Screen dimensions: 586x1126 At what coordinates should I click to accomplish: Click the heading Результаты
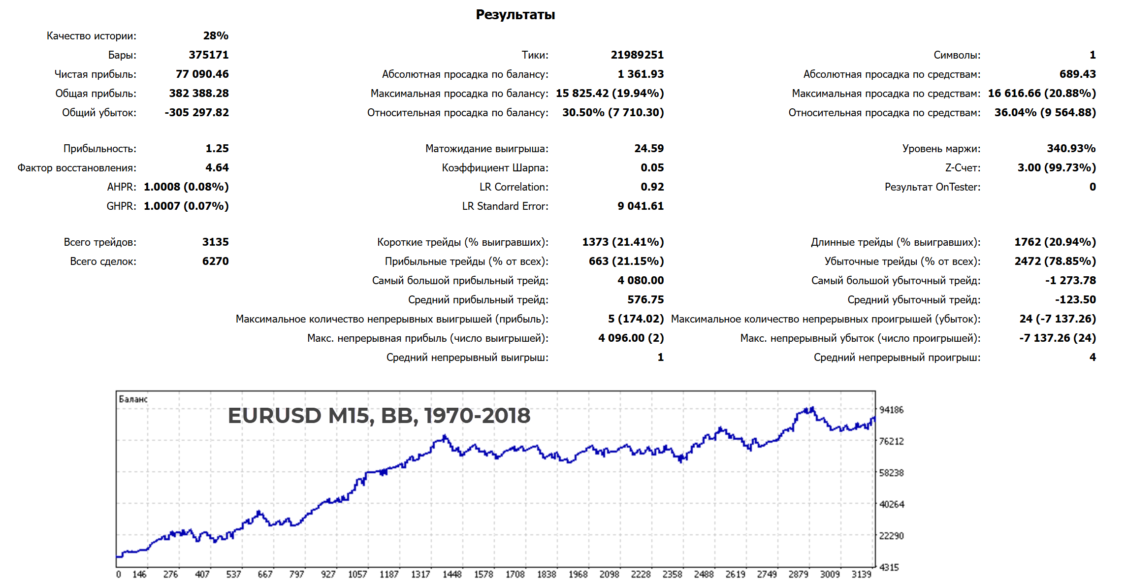click(x=515, y=15)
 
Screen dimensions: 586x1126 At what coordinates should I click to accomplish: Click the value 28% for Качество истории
click(x=216, y=35)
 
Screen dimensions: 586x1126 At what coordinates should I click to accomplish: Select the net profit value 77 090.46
click(x=202, y=74)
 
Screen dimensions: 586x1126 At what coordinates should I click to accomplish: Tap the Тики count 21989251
click(x=637, y=55)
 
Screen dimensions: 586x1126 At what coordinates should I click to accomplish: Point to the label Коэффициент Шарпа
click(x=494, y=167)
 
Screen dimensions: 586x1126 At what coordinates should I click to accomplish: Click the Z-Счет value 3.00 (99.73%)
click(x=1056, y=167)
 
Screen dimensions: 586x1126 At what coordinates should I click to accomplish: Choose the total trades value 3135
click(x=215, y=242)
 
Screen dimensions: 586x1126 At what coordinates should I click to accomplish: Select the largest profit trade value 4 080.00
click(x=640, y=280)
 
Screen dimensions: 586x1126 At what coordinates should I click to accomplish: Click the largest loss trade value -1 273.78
click(x=1070, y=280)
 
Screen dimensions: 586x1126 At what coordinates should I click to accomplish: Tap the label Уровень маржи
click(x=941, y=148)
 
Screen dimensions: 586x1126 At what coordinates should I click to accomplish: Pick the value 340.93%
click(x=1071, y=148)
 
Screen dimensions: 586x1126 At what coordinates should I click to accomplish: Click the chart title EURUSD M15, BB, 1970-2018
click(x=379, y=416)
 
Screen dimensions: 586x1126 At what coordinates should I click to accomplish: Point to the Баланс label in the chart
click(x=133, y=399)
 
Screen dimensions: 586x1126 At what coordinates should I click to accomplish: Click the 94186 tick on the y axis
click(x=891, y=410)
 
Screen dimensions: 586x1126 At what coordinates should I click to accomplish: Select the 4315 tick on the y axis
click(x=889, y=567)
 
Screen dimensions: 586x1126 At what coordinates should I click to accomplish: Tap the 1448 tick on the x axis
click(x=451, y=574)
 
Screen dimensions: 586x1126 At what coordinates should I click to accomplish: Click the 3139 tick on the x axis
click(x=861, y=574)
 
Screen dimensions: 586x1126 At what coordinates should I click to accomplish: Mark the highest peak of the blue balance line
click(x=811, y=407)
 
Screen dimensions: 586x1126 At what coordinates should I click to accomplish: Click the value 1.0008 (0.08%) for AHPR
click(x=186, y=187)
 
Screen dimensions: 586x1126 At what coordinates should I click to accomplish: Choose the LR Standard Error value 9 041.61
click(x=640, y=206)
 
